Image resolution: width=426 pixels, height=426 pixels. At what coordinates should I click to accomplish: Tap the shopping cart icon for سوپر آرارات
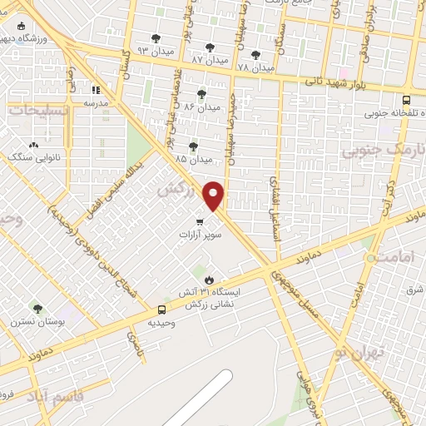[x=199, y=221]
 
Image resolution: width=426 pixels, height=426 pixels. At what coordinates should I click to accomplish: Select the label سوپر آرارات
[x=199, y=235]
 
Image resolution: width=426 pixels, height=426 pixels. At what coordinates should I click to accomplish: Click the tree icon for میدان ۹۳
[x=156, y=38]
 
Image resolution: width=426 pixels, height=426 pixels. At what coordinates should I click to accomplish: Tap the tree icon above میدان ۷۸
[x=255, y=55]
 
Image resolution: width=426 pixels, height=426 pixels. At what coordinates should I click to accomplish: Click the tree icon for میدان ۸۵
[x=193, y=146]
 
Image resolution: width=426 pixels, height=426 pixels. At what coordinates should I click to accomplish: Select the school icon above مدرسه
[x=96, y=90]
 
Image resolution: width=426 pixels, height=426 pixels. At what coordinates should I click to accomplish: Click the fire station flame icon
[x=209, y=280]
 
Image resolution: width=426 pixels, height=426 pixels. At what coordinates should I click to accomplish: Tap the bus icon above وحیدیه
[x=161, y=310]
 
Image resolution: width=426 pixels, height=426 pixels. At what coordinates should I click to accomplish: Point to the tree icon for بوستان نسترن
[x=37, y=309]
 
